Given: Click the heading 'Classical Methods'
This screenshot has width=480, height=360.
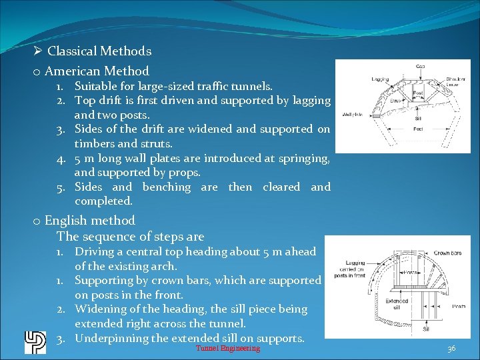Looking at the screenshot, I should [x=99, y=51].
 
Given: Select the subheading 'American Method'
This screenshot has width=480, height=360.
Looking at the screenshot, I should [x=97, y=71].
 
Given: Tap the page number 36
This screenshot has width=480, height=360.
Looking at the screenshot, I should [x=451, y=349].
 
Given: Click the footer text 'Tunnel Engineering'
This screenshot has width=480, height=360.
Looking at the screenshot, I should [x=227, y=349].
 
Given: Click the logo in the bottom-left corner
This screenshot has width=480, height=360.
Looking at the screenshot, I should [x=35, y=342].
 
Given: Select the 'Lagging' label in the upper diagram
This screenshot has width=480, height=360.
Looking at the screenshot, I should [x=381, y=79].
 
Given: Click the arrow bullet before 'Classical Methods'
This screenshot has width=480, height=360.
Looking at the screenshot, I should [x=38, y=51].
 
